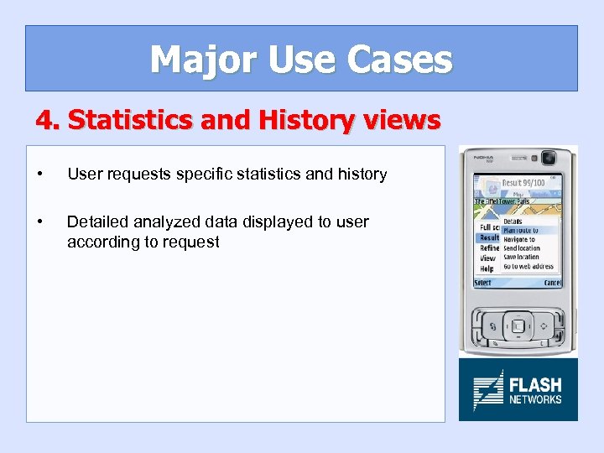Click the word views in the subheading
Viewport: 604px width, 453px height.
pyautogui.click(x=404, y=121)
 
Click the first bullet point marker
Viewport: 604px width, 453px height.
pyautogui.click(x=39, y=174)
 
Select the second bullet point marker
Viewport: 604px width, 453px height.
pyautogui.click(x=39, y=222)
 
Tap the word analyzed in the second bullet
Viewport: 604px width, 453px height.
pyautogui.click(x=165, y=221)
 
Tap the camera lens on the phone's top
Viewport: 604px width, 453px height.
pyautogui.click(x=549, y=158)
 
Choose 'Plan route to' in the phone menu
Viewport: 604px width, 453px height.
pyautogui.click(x=520, y=230)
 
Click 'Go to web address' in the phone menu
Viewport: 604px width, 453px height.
pyautogui.click(x=528, y=267)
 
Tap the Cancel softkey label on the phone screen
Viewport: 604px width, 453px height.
pyautogui.click(x=552, y=283)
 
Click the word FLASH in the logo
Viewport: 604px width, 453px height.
pyautogui.click(x=535, y=385)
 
